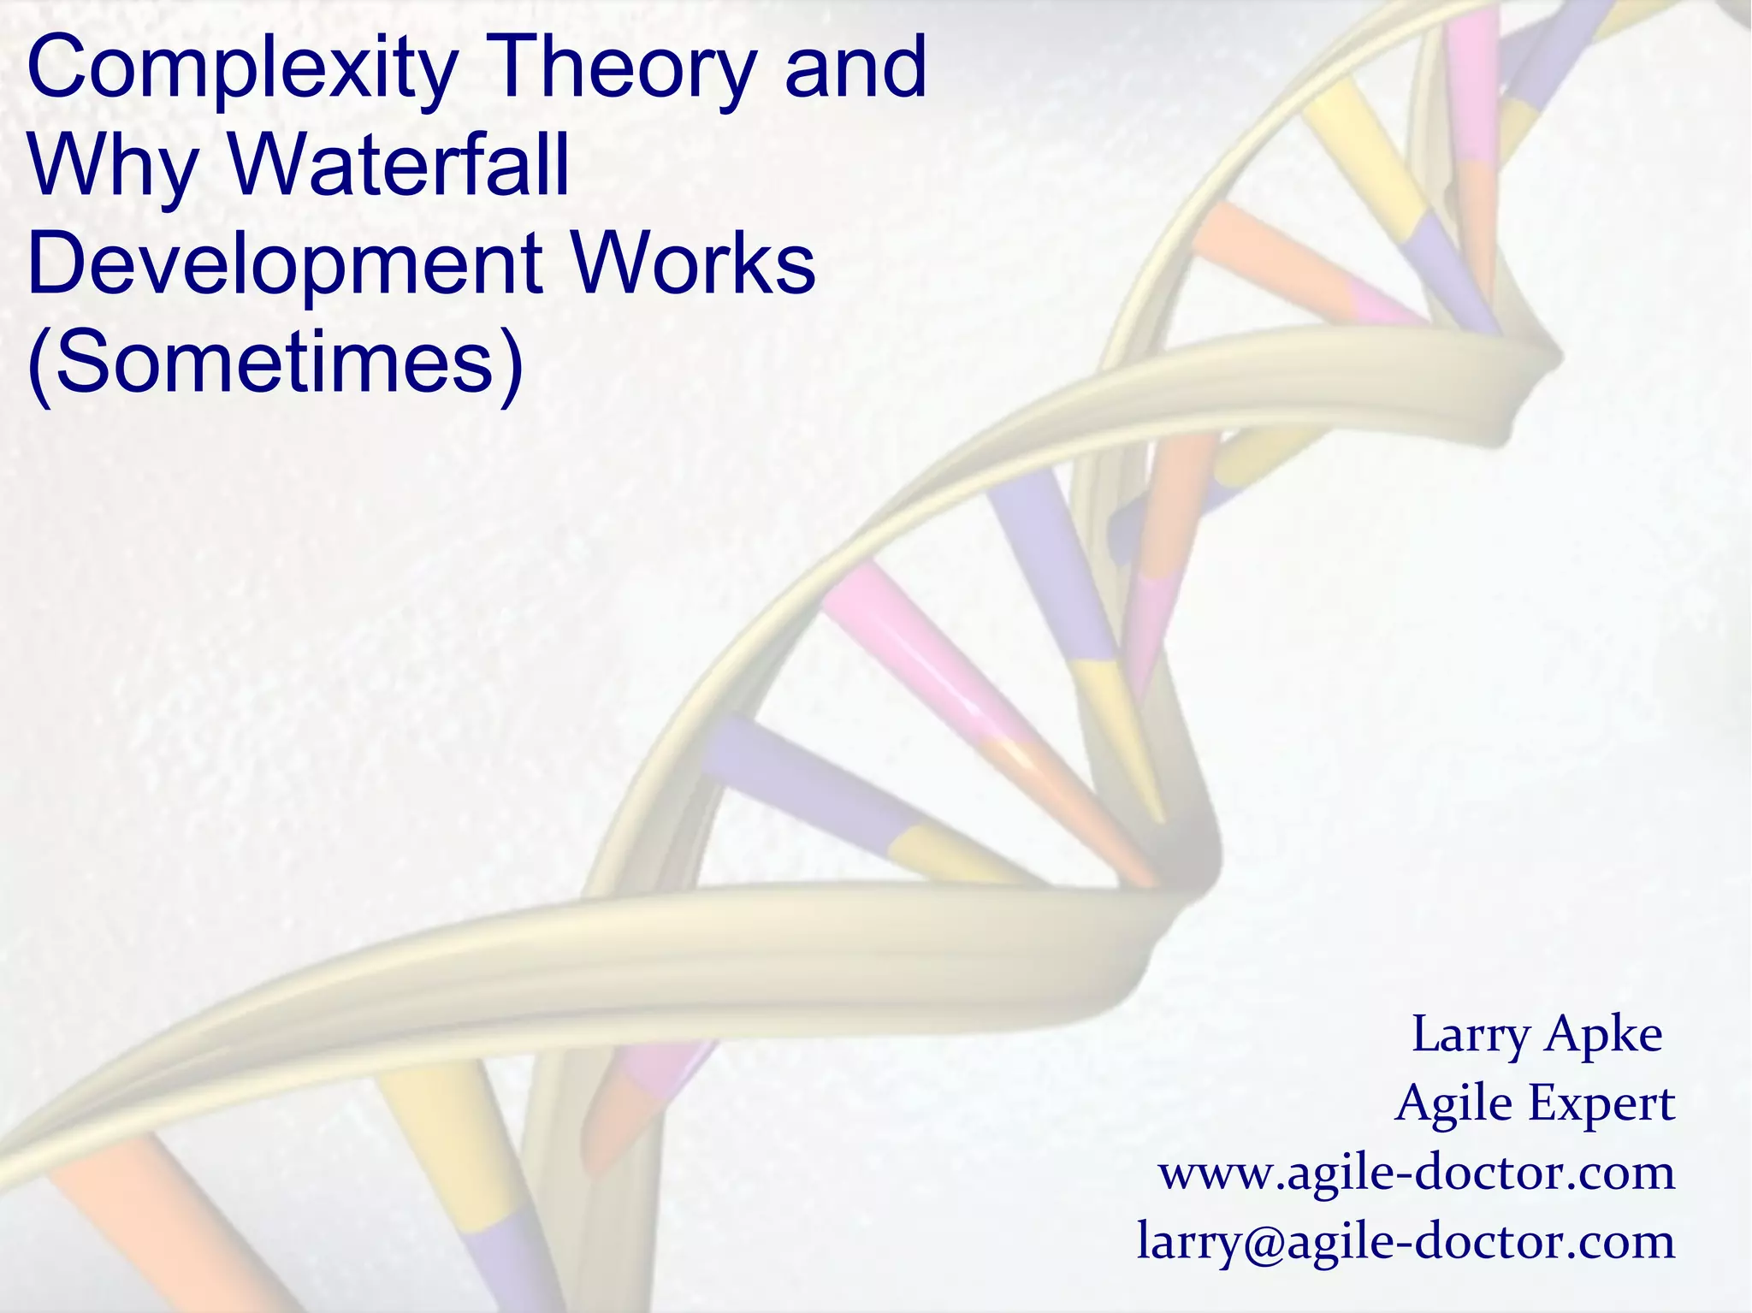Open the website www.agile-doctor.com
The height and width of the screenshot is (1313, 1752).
(x=1416, y=1173)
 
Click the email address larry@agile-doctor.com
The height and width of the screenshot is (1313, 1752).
(x=1406, y=1241)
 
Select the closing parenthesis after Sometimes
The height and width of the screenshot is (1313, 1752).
(x=512, y=363)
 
